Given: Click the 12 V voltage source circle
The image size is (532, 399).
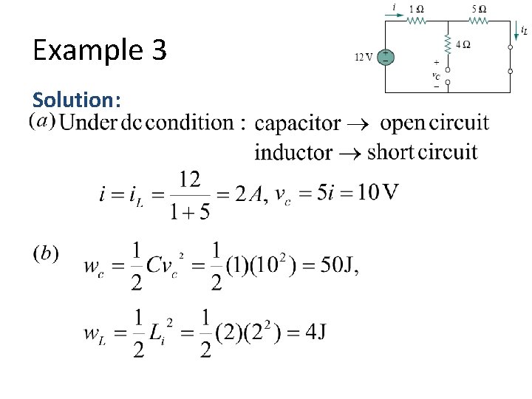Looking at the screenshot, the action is pyautogui.click(x=385, y=57).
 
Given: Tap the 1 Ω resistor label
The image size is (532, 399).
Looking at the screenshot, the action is pyautogui.click(x=417, y=9).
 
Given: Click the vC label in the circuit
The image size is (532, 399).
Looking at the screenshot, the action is pyautogui.click(x=436, y=75).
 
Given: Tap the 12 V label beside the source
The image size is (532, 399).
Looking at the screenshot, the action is pyautogui.click(x=364, y=57).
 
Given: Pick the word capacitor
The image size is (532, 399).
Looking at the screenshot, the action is pyautogui.click(x=297, y=123).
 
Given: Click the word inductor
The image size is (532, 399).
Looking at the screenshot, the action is pyautogui.click(x=293, y=152).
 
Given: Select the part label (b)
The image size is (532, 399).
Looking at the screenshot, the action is pyautogui.click(x=46, y=253).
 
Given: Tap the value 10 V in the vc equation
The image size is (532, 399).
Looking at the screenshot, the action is pyautogui.click(x=377, y=193).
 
